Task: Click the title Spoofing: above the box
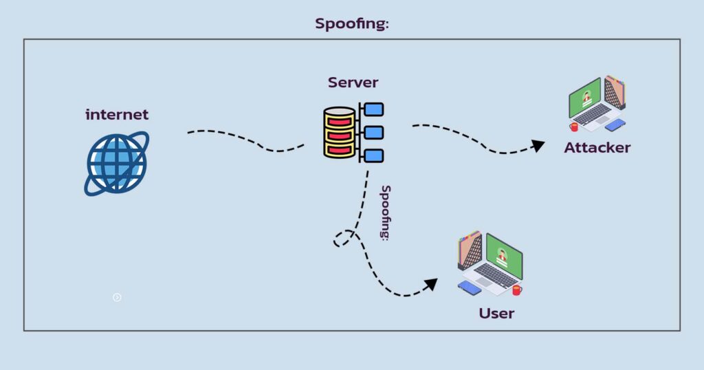352,23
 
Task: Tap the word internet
117,114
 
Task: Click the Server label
353,83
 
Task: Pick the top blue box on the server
373,109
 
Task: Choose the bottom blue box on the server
373,155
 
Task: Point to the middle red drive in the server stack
339,134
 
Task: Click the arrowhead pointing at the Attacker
538,145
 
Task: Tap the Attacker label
597,147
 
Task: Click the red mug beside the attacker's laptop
573,127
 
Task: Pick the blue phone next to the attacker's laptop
615,124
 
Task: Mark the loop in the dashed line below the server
342,239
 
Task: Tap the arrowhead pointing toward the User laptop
431,283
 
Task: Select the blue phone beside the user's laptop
470,287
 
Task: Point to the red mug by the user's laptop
516,290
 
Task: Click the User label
496,314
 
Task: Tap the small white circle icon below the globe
117,297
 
